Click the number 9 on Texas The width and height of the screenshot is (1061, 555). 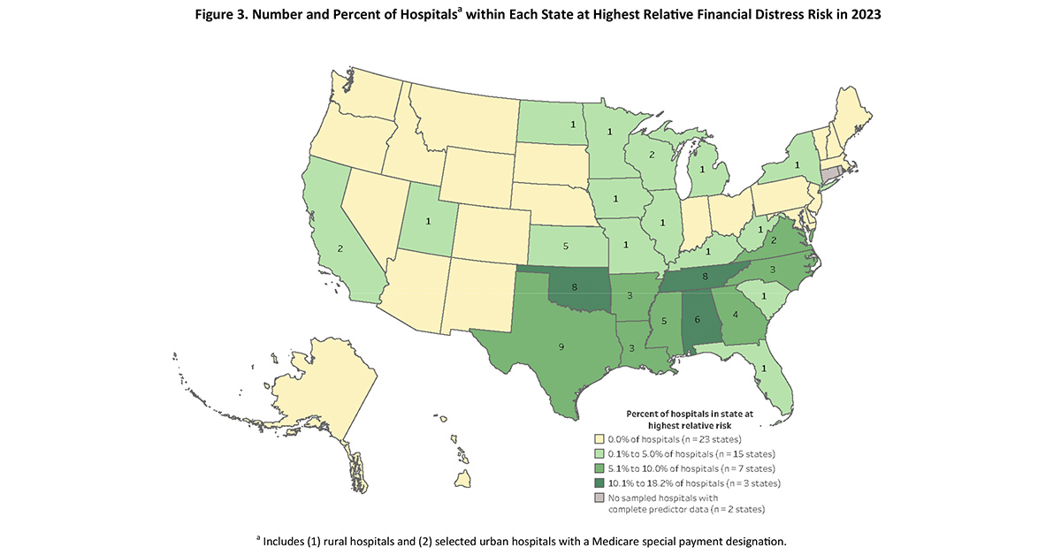[x=561, y=347]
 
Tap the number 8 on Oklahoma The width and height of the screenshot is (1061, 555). [x=576, y=286]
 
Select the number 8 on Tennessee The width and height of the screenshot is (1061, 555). [x=704, y=276]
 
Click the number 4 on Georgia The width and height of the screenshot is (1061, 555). [x=735, y=324]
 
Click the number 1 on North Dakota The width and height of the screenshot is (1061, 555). [x=573, y=125]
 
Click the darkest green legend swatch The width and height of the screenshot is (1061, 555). [x=599, y=483]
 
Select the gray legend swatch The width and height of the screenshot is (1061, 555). [x=599, y=498]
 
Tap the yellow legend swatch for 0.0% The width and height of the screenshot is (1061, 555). [x=599, y=438]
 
